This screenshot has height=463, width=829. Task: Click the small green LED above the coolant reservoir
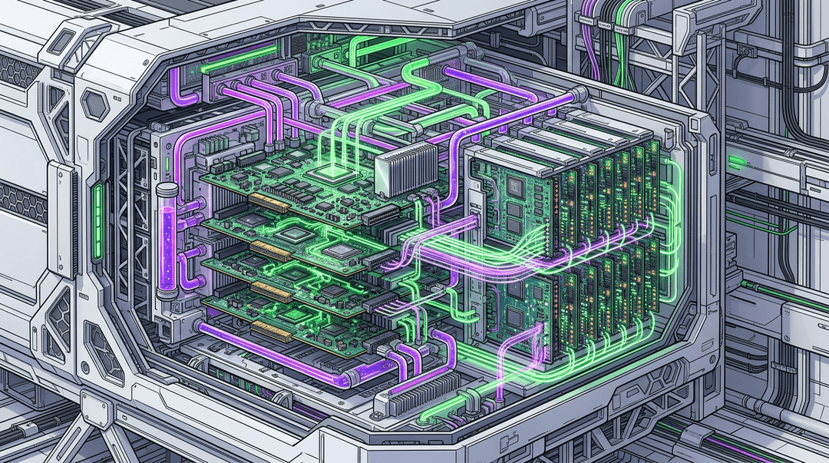(x=166, y=164)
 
